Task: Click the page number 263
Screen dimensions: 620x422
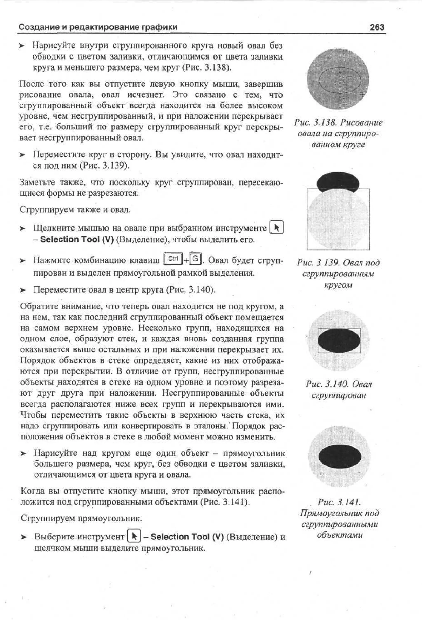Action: click(x=377, y=27)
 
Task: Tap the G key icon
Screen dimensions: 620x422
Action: click(x=195, y=259)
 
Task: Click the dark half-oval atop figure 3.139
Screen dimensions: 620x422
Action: click(x=338, y=182)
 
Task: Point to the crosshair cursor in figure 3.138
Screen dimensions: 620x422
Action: click(x=362, y=94)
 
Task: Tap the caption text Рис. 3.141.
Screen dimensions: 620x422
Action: click(x=339, y=502)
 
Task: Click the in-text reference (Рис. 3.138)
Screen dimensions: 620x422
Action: click(x=207, y=67)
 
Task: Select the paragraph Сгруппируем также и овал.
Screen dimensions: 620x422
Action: click(x=75, y=210)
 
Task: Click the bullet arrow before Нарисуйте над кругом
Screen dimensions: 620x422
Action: click(x=24, y=453)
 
